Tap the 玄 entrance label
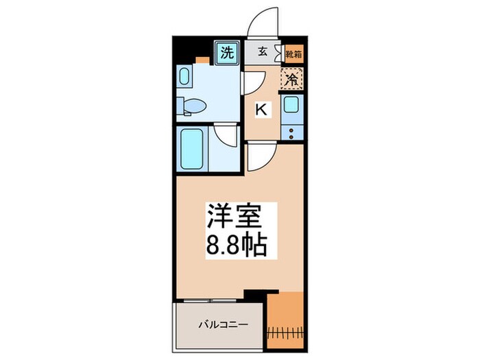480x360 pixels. (x=263, y=51)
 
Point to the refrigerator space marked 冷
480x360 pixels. (x=291, y=79)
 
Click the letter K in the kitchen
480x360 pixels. (x=261, y=108)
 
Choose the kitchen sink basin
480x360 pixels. (x=291, y=105)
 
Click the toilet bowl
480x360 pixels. (x=195, y=106)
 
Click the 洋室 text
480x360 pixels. (x=233, y=217)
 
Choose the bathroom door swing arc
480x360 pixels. (x=226, y=135)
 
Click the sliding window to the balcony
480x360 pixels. (x=209, y=301)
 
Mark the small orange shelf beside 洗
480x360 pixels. (x=203, y=60)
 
